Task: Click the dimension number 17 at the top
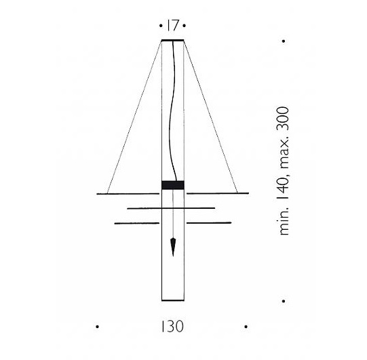point(173,25)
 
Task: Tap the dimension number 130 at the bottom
point(172,327)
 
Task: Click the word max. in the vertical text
point(284,155)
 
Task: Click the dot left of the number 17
point(161,26)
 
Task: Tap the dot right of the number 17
point(185,26)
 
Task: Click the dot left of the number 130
point(98,327)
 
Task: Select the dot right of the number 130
point(246,327)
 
